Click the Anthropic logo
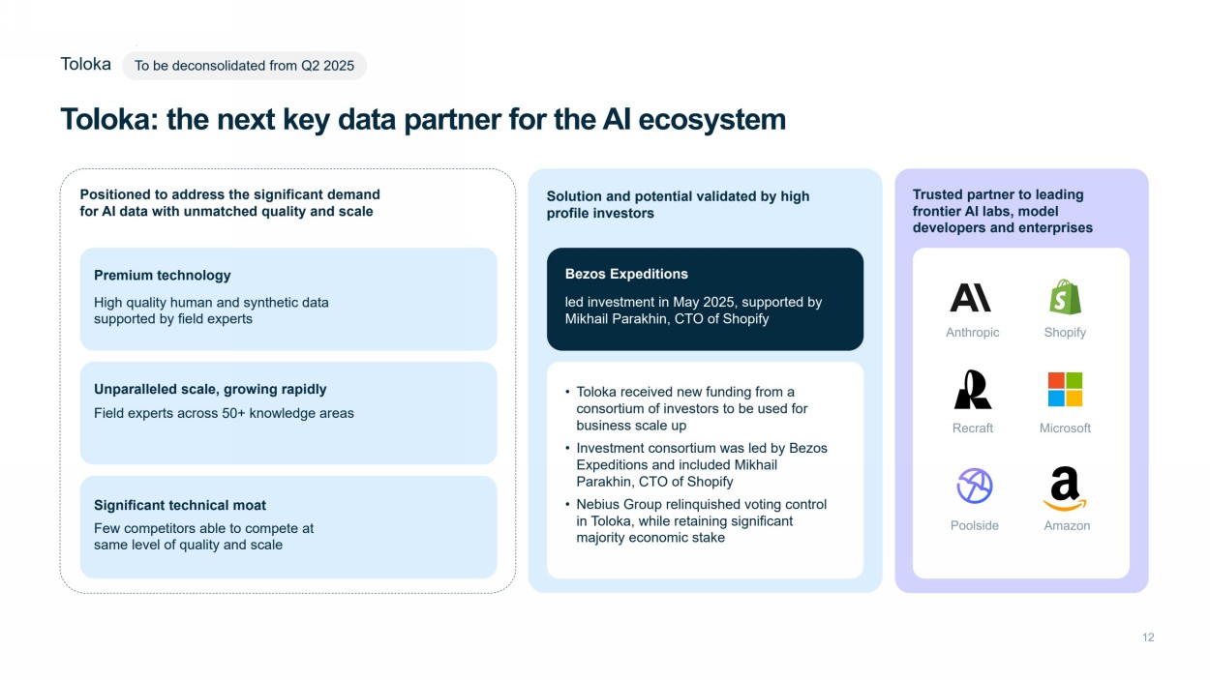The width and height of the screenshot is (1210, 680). tap(970, 297)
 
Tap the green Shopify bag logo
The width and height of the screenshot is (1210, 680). tap(1065, 296)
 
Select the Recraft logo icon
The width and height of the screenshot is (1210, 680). tap(972, 389)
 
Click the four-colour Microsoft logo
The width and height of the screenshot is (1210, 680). tap(1065, 389)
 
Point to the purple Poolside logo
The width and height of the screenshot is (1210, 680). tap(974, 486)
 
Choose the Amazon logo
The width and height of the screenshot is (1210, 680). tap(1065, 488)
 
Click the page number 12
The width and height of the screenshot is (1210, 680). tap(1148, 637)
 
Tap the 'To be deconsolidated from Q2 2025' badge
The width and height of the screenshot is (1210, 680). tap(244, 66)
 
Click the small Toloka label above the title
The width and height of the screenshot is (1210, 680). tap(85, 64)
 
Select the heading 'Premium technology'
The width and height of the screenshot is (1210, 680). tap(163, 275)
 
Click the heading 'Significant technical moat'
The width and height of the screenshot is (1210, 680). tap(180, 505)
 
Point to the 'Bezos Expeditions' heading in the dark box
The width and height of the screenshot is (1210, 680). tap(626, 274)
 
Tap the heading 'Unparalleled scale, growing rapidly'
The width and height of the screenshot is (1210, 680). tap(210, 389)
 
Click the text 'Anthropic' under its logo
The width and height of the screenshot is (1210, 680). tap(972, 332)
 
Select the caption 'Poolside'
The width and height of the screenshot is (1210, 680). tap(974, 525)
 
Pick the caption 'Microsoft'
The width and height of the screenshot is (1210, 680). tap(1065, 428)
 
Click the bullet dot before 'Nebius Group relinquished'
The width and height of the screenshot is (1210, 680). tap(567, 505)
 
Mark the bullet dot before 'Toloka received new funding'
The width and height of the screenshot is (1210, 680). tap(567, 393)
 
